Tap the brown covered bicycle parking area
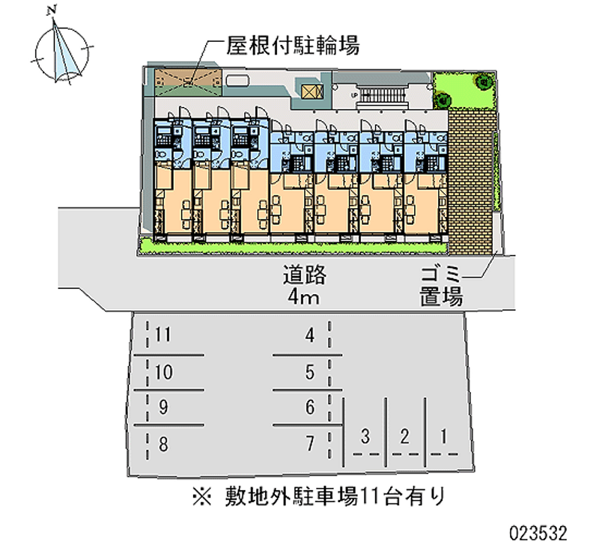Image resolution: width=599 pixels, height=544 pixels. coord(188,83)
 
